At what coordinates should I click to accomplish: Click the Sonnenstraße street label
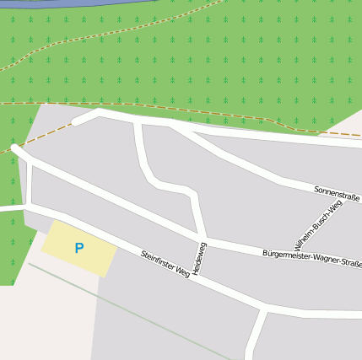point(336,193)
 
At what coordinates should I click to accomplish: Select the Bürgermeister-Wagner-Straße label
point(311,258)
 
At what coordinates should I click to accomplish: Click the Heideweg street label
point(198,257)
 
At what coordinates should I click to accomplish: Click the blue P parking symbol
point(79,248)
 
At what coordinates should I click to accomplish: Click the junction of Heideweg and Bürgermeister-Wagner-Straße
point(204,239)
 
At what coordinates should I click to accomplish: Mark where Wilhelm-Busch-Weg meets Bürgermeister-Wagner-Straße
point(291,250)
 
